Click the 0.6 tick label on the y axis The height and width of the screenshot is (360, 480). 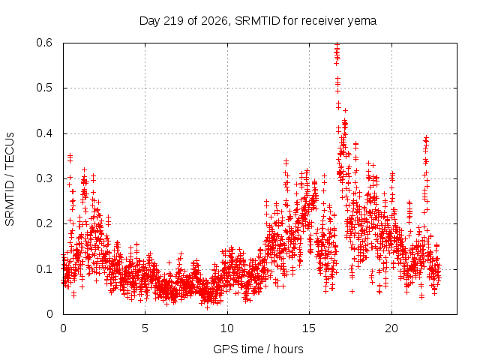(x=44, y=43)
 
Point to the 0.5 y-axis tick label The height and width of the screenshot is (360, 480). (x=44, y=88)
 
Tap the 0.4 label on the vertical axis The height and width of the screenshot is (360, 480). (x=44, y=133)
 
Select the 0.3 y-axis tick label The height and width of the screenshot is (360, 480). (x=44, y=178)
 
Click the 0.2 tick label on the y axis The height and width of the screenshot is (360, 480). (x=44, y=223)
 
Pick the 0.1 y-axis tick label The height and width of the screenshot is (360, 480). (x=44, y=269)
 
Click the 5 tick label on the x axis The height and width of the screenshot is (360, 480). (x=145, y=328)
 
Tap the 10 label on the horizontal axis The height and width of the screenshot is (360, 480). (x=226, y=328)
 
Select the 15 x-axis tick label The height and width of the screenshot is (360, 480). (x=309, y=328)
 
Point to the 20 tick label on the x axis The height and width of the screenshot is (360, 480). (x=391, y=328)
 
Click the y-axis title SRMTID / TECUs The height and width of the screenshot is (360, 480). (x=10, y=179)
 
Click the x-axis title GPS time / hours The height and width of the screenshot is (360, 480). (x=258, y=349)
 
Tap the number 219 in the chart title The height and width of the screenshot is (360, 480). (x=173, y=21)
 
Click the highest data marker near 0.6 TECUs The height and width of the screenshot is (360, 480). (x=337, y=44)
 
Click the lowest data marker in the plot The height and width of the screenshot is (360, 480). (x=207, y=307)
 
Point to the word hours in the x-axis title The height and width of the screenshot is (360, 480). (x=288, y=349)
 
